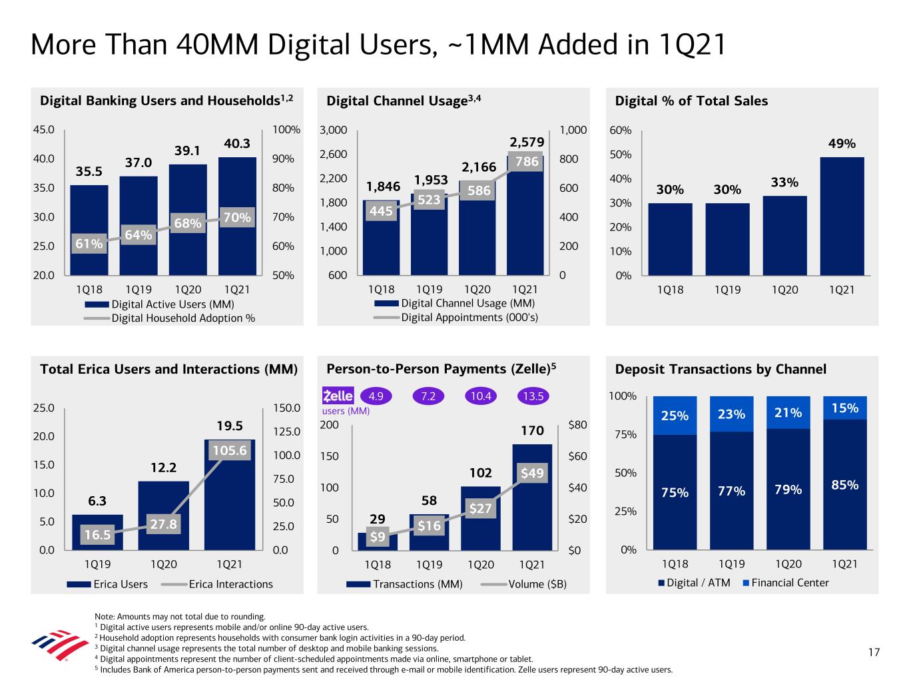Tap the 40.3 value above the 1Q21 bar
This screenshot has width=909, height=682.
point(237,143)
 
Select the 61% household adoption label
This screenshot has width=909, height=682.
point(89,244)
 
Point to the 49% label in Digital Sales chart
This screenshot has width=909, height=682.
point(842,143)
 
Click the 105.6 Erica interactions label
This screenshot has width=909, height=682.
point(230,450)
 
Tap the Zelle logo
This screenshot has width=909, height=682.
point(338,396)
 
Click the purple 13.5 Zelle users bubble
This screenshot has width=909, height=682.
point(533,396)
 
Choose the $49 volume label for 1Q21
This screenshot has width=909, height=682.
point(532,474)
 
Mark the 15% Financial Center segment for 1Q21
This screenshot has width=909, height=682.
point(844,408)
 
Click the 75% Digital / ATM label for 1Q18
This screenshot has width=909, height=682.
point(675,492)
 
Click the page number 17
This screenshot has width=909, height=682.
point(873,652)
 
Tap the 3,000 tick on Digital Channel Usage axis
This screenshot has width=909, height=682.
point(334,130)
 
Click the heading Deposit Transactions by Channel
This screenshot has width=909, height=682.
point(721,369)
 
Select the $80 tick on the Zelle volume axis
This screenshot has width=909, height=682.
point(577,425)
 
